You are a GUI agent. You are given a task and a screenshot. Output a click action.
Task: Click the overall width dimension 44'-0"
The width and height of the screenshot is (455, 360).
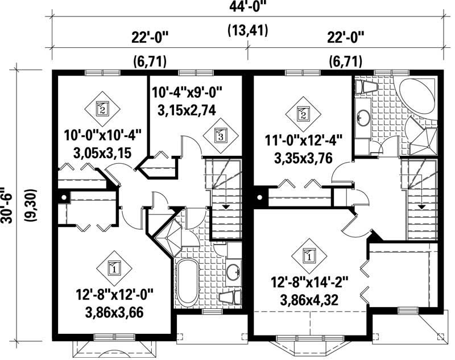[249, 7]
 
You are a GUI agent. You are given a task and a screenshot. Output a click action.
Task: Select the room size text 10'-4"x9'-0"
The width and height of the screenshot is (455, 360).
[187, 91]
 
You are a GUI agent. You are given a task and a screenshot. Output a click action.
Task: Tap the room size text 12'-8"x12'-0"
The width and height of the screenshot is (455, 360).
[114, 296]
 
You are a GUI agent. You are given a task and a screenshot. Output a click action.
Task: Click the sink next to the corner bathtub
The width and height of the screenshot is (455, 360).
[363, 118]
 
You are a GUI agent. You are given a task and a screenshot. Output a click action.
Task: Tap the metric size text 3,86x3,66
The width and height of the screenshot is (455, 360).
[114, 312]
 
